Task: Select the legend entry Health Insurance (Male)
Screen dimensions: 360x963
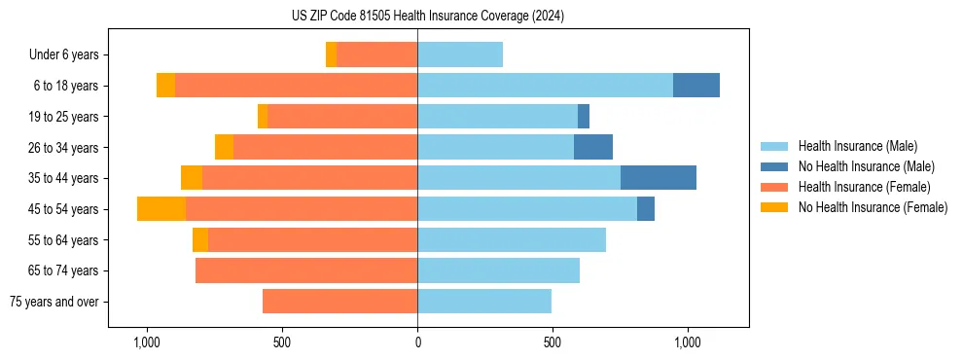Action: click(x=857, y=146)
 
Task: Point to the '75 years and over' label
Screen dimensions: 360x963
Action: click(x=54, y=302)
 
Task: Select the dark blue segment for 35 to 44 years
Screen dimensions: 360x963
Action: click(x=658, y=178)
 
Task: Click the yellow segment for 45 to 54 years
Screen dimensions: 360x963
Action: click(x=161, y=209)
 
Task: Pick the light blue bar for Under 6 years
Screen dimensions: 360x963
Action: click(x=460, y=55)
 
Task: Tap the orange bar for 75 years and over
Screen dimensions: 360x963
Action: click(x=339, y=302)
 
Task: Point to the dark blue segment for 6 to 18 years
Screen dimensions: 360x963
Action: click(x=696, y=86)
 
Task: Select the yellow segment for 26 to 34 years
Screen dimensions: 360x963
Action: click(x=225, y=148)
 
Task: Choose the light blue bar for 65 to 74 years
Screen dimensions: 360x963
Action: click(x=498, y=270)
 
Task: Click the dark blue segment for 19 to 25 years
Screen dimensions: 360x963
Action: click(x=584, y=117)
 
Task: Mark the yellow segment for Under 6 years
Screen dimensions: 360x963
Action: click(x=332, y=55)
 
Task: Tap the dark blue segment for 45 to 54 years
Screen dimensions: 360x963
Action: click(x=646, y=209)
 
